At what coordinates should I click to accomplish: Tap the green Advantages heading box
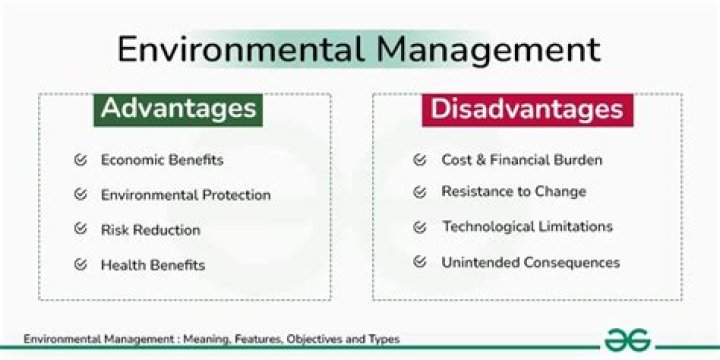coord(178,108)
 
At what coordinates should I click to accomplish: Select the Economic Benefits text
coord(162,160)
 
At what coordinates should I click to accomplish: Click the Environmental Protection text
coord(185,195)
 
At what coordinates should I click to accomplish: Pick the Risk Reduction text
coord(150,230)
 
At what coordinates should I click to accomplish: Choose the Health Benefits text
coord(153,265)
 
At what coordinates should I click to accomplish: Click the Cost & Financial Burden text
coord(522,160)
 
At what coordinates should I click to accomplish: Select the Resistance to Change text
coord(514,191)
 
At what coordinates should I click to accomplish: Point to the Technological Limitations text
coord(527,227)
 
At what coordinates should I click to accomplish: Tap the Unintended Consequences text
coord(530,263)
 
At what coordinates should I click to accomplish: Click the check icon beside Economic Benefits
coord(80,160)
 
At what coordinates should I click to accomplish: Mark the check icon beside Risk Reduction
coord(80,230)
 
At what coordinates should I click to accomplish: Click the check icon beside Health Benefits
coord(80,265)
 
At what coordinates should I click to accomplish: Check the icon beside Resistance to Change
coord(420,191)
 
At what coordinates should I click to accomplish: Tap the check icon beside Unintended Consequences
coord(420,263)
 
